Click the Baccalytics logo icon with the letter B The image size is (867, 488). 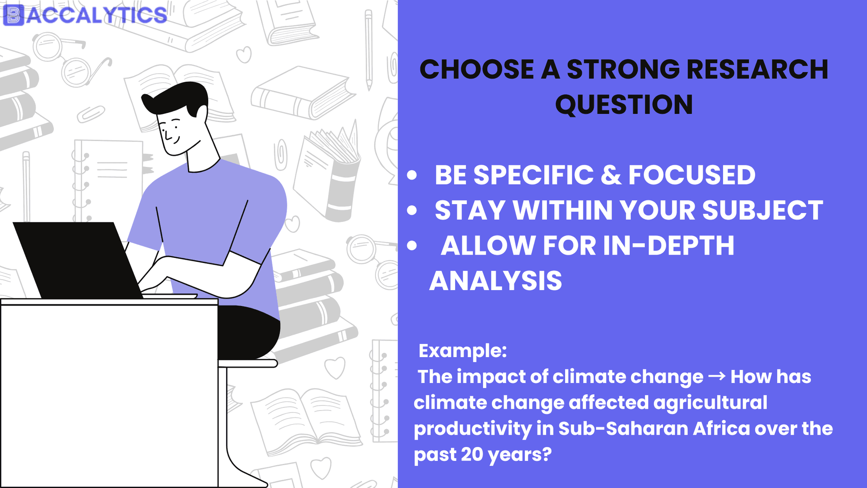(14, 15)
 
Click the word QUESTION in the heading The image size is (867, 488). (624, 105)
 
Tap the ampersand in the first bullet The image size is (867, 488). (611, 175)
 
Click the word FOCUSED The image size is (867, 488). (692, 175)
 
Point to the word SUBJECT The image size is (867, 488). (763, 210)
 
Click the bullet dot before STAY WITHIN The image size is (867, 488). (412, 210)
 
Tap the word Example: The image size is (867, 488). (463, 351)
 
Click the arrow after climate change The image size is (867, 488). (717, 376)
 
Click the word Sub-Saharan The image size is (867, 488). (624, 428)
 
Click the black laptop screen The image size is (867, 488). (78, 260)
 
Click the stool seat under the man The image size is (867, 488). (248, 363)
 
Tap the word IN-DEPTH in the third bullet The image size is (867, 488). (668, 245)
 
